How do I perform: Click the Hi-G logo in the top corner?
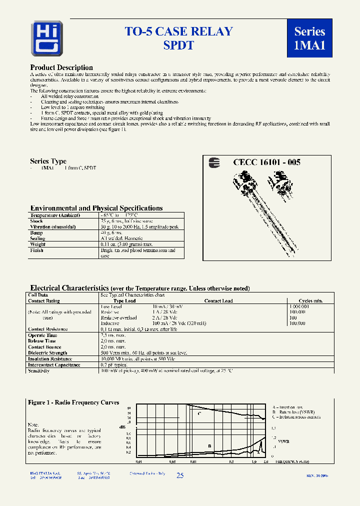(46, 38)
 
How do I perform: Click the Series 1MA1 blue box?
(309, 38)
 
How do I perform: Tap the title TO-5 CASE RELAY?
(178, 31)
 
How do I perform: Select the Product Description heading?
(61, 67)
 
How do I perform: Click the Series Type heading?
(48, 161)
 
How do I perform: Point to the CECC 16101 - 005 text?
(266, 162)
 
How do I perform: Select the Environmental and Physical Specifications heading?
(96, 208)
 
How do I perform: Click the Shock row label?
(36, 220)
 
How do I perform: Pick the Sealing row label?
(37, 238)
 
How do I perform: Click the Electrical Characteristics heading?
(69, 288)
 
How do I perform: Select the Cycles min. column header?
(310, 301)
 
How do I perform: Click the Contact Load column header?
(218, 301)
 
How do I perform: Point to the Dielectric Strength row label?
(47, 353)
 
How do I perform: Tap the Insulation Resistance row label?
(50, 359)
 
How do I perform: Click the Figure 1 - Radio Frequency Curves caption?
(73, 402)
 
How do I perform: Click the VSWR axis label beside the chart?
(283, 442)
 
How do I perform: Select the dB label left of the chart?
(122, 426)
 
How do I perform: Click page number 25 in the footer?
(180, 475)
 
